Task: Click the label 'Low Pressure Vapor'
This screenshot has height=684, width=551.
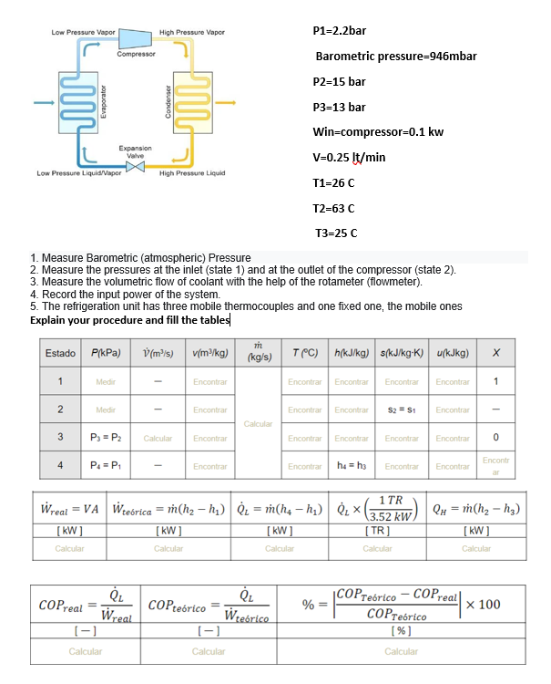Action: click(x=83, y=32)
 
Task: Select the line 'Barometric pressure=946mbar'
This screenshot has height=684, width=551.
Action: click(x=395, y=57)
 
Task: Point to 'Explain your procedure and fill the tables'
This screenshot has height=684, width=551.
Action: click(x=130, y=320)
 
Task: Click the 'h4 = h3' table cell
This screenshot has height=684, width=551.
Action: click(x=350, y=465)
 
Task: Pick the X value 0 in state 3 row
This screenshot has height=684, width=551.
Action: click(x=495, y=438)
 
